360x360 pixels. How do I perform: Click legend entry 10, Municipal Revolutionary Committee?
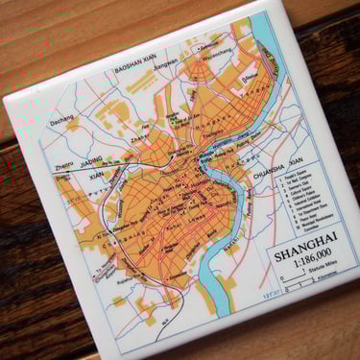click(x=313, y=233)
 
